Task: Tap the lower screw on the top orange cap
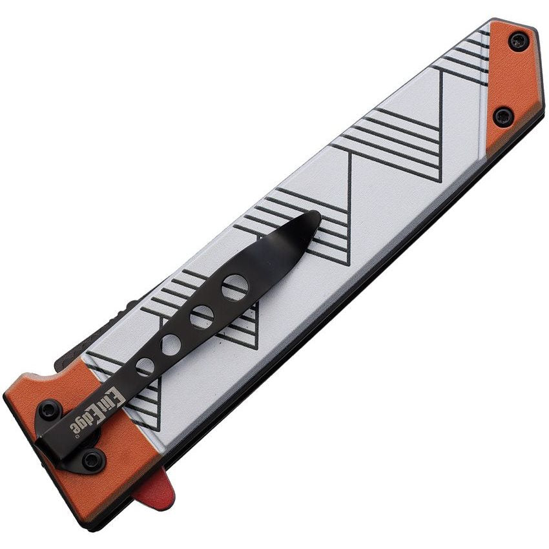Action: pos(504,117)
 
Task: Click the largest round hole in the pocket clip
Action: pos(235,288)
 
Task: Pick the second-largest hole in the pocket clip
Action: pos(202,317)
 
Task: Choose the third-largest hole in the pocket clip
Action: pos(171,344)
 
